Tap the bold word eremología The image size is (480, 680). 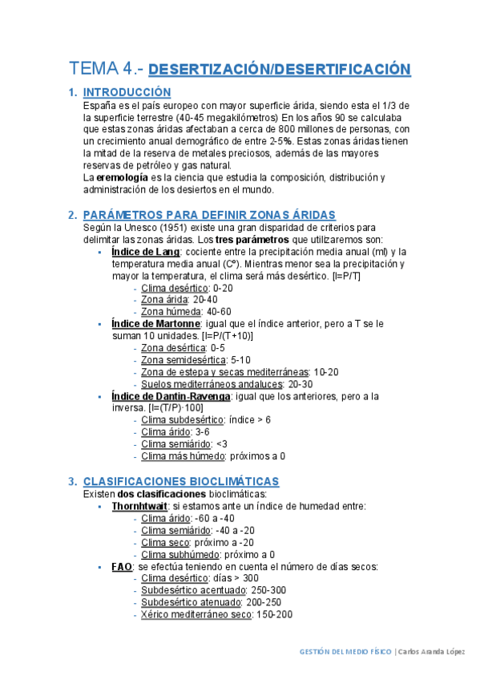(121, 177)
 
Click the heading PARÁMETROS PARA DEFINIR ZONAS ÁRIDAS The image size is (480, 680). (209, 214)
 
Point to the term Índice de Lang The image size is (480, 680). (146, 252)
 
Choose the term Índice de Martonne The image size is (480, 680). (155, 323)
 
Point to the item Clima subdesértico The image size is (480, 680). (176, 420)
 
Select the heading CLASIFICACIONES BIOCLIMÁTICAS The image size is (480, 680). (180, 481)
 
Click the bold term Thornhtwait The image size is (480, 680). (139, 506)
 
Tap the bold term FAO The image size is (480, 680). (122, 566)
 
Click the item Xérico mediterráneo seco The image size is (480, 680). (196, 614)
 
